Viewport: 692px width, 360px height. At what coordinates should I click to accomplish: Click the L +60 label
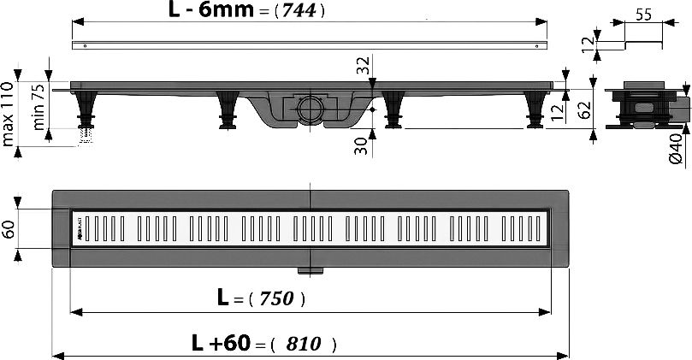point(221,344)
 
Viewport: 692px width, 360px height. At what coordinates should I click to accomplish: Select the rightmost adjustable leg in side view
point(534,109)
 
